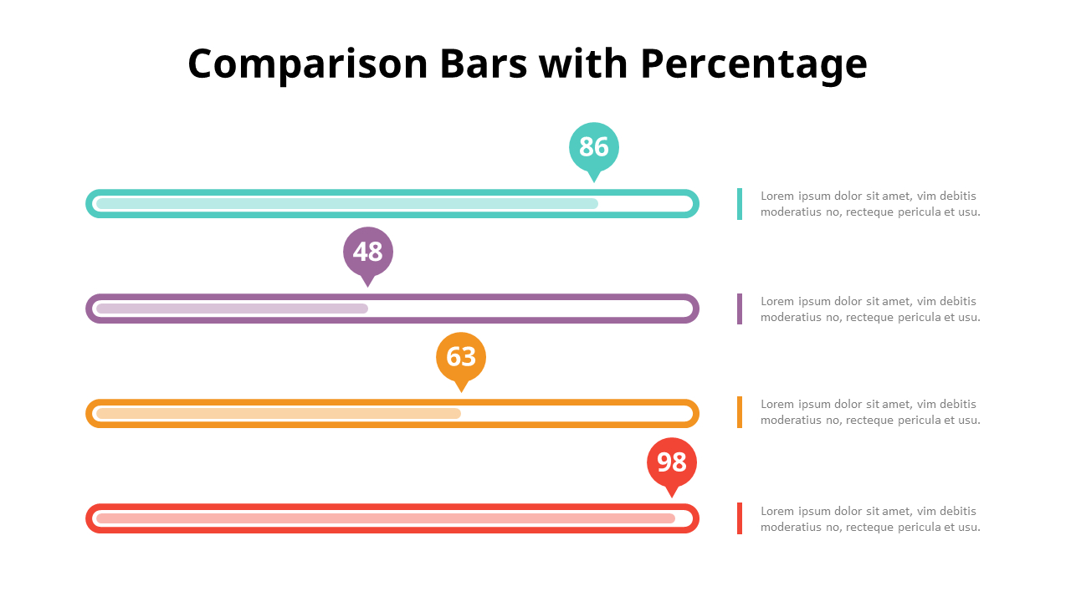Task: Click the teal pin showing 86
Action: click(594, 147)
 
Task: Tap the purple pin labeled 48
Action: click(368, 252)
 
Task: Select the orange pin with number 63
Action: click(461, 357)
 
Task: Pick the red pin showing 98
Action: click(672, 462)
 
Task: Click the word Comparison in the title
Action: click(307, 64)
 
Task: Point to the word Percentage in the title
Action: click(754, 64)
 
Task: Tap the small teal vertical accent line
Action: click(740, 204)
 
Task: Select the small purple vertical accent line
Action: click(740, 309)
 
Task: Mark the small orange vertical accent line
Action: click(740, 412)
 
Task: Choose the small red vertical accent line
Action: click(740, 518)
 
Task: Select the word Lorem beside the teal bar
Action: click(776, 196)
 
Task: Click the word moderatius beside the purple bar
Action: click(792, 318)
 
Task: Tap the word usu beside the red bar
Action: click(969, 528)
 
